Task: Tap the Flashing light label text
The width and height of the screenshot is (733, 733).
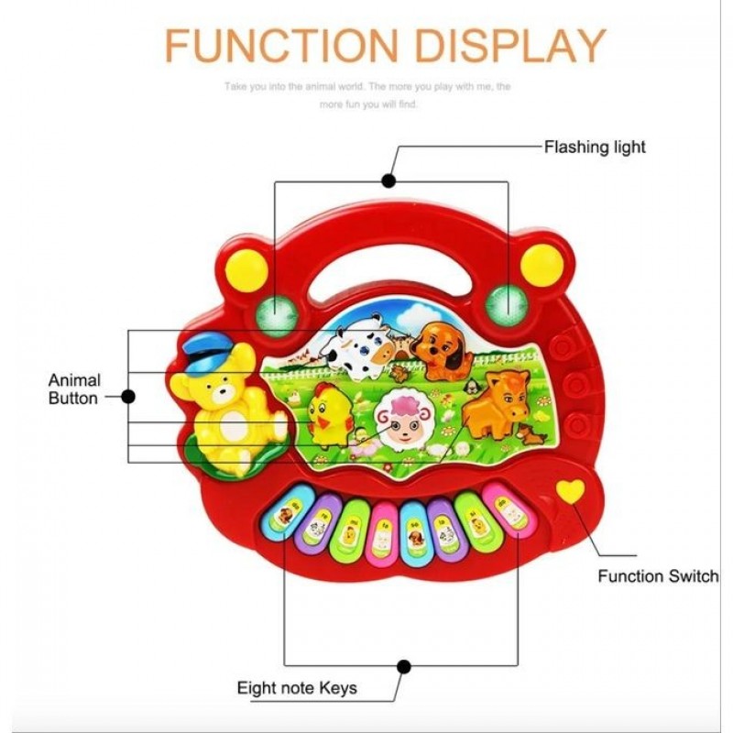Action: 595,147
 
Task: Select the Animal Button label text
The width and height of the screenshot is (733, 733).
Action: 74,388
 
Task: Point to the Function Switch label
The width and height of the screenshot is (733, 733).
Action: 658,576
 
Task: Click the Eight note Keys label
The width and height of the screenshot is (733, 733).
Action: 297,687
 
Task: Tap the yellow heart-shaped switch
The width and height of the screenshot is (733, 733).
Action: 571,491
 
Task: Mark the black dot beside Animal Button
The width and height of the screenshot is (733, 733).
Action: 128,396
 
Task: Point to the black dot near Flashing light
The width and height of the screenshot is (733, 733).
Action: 389,181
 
